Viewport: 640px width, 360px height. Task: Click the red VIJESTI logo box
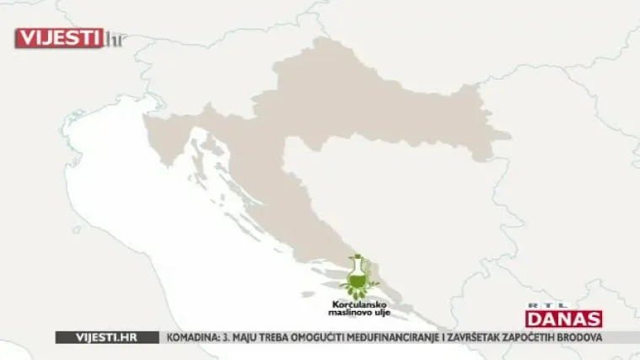59,38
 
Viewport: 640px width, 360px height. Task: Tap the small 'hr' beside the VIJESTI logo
113,39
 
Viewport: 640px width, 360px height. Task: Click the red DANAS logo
563,319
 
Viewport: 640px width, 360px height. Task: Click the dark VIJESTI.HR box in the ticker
107,337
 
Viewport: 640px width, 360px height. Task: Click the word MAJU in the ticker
252,337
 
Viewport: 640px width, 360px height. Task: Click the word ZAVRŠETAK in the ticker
523,337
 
